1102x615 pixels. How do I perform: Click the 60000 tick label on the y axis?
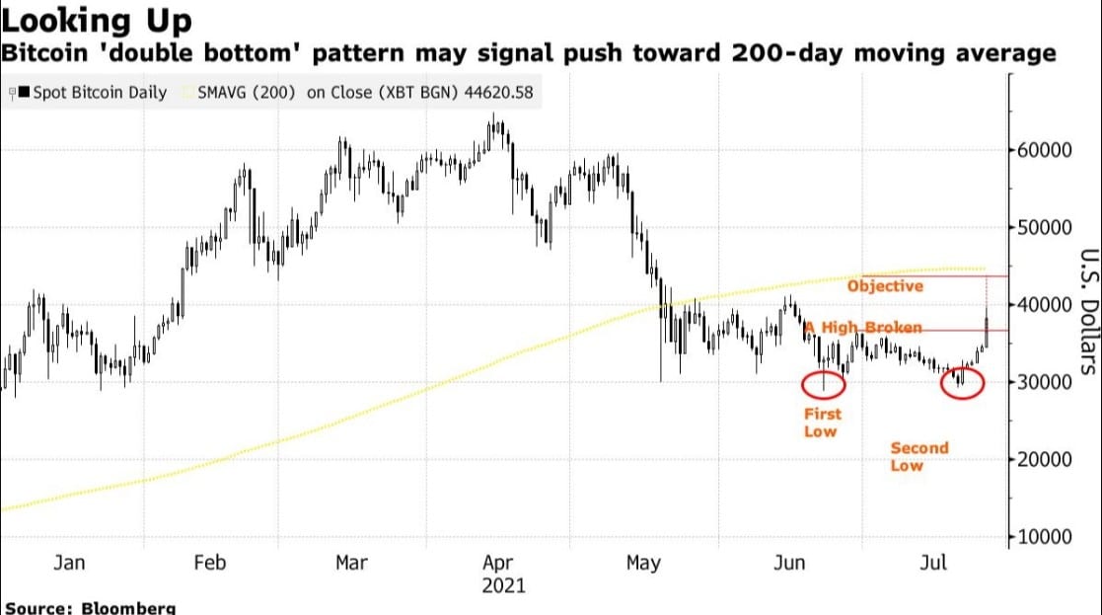[1045, 150]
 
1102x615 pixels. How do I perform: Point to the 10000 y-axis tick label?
[1045, 537]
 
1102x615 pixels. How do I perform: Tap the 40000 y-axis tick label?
[1045, 305]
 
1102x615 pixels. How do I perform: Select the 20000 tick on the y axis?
[1045, 460]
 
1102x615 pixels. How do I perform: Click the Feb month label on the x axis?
[210, 563]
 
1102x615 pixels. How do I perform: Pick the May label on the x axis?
[642, 563]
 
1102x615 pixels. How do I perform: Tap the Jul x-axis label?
[933, 563]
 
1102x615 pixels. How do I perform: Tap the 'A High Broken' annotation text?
[864, 328]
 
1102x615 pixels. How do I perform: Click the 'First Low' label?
[821, 423]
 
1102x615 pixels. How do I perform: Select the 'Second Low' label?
[918, 456]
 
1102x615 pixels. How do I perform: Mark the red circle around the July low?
[962, 383]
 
